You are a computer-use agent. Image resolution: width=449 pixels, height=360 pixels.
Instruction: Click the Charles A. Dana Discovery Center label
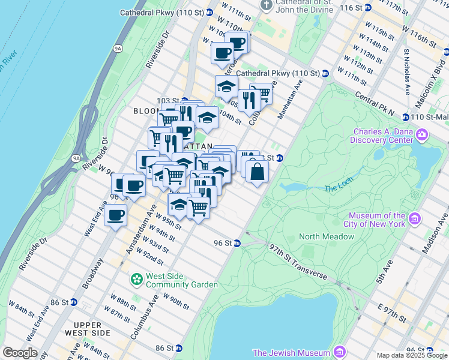pos(382,137)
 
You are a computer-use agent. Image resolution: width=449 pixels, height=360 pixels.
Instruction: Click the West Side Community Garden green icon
pos(137,279)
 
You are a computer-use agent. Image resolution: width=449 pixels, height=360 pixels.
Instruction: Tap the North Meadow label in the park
pos(327,236)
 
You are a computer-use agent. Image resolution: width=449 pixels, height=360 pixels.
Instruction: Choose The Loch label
pos(335,188)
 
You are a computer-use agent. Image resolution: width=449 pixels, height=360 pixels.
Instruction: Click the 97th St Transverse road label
pos(298,261)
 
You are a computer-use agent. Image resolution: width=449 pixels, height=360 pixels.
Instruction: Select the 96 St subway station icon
pos(238,243)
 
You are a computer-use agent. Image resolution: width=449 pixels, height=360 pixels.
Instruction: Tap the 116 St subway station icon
pos(368,7)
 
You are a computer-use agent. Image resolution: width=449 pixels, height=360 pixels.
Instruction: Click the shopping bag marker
pos(257,172)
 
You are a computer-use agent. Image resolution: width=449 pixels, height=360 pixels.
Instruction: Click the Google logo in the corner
pos(20,353)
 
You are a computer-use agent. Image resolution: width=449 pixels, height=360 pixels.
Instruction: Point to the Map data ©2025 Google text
pos(412,355)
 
